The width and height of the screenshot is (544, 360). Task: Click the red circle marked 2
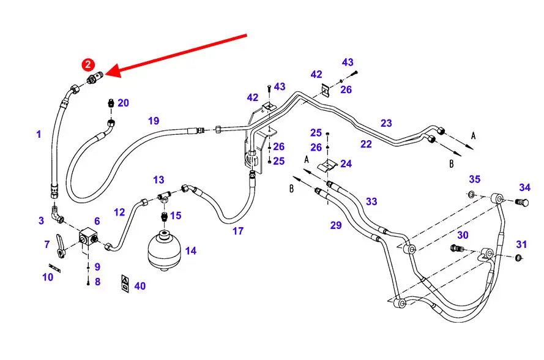point(88,64)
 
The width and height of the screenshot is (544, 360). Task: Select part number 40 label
point(140,286)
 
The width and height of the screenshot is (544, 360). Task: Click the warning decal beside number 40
point(124,282)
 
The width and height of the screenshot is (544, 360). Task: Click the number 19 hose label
point(153,121)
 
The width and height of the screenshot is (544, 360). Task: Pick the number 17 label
point(237,231)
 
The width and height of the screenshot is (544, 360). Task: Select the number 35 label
point(475,179)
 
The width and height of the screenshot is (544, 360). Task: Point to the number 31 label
point(521,244)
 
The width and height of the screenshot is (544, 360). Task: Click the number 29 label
point(336,225)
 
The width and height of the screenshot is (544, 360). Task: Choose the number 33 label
point(371,201)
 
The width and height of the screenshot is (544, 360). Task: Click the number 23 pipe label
point(386,123)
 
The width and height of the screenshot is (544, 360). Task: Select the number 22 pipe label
point(366,144)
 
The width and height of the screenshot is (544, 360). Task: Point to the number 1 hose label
point(39,133)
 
